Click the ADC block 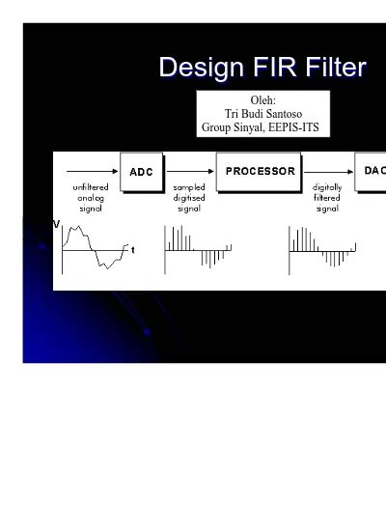click(x=141, y=173)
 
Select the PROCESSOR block click(x=260, y=172)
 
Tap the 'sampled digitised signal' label click(x=189, y=197)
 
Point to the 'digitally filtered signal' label click(x=327, y=197)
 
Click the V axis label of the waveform click(x=56, y=224)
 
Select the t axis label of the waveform click(x=132, y=250)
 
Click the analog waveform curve click(x=94, y=247)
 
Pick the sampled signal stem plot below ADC click(x=196, y=248)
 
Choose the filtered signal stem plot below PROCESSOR click(x=321, y=248)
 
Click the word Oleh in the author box click(x=262, y=99)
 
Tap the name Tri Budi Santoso click(x=262, y=113)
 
